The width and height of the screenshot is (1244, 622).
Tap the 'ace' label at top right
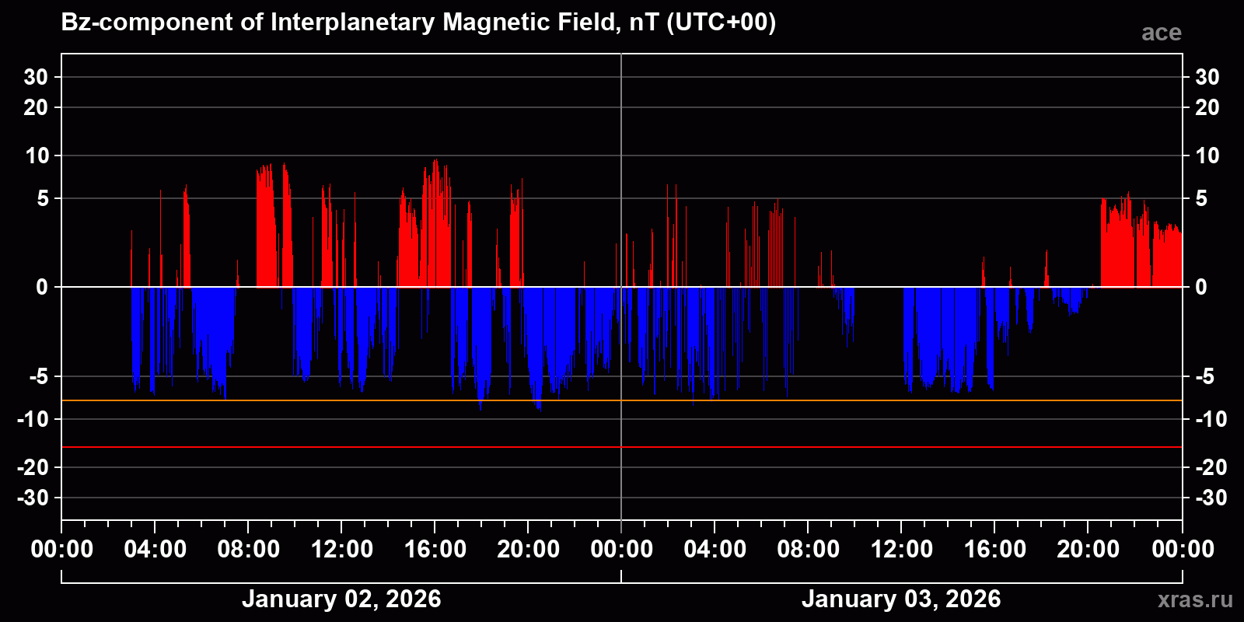(1161, 33)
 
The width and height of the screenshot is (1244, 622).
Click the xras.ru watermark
(1194, 599)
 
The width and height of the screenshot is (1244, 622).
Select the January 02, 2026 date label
(341, 599)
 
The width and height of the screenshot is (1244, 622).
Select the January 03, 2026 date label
(901, 599)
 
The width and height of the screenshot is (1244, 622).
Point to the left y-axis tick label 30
(36, 77)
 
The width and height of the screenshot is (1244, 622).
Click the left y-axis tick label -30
(33, 498)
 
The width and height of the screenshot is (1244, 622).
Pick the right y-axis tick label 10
(1207, 155)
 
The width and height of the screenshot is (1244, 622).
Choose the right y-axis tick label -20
(1211, 467)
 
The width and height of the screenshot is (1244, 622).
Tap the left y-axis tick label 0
(42, 288)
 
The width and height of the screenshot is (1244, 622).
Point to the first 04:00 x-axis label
(155, 550)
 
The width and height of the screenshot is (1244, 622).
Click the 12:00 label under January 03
(901, 550)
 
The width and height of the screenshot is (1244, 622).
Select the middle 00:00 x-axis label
(621, 550)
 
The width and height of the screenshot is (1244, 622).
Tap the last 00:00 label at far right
(1183, 550)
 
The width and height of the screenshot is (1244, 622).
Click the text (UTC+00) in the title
(721, 23)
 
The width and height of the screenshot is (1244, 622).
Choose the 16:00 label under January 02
(435, 550)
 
